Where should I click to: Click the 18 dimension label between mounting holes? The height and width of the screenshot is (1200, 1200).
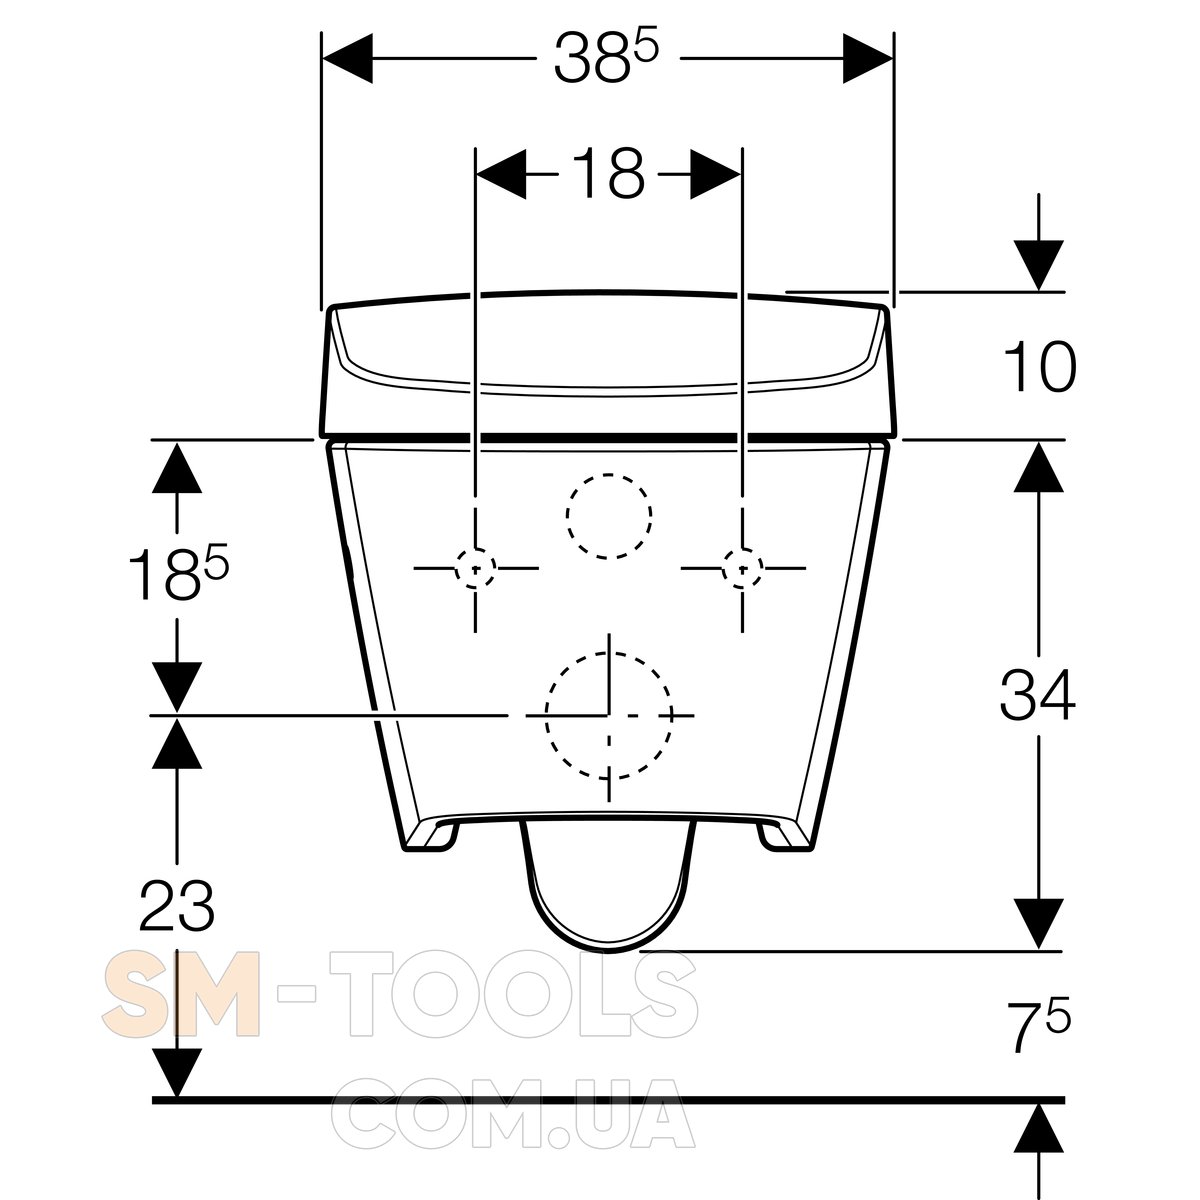click(607, 174)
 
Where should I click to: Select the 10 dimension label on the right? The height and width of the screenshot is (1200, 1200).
click(1039, 367)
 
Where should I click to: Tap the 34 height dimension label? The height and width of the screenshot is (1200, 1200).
click(1037, 694)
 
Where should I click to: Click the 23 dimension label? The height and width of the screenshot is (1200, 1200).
click(177, 905)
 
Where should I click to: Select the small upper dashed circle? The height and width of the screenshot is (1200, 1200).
click(609, 474)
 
